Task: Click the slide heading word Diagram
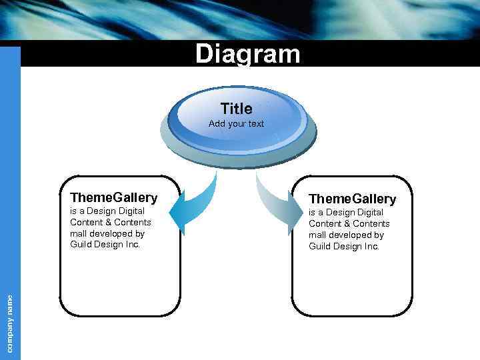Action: tap(247, 54)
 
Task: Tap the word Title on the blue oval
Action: tap(236, 109)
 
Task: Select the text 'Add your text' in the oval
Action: tap(236, 124)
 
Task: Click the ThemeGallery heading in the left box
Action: tap(114, 197)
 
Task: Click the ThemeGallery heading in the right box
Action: tap(353, 199)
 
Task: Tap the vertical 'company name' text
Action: tap(10, 323)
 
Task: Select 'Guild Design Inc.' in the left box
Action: tap(105, 245)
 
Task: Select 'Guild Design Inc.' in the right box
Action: tap(344, 246)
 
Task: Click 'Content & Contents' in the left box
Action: tap(111, 222)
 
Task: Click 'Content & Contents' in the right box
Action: tap(349, 223)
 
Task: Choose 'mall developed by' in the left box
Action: tap(107, 233)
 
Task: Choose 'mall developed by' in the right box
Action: tap(346, 235)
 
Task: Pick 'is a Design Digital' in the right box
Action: tap(346, 212)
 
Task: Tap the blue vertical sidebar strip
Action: tap(10, 167)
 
